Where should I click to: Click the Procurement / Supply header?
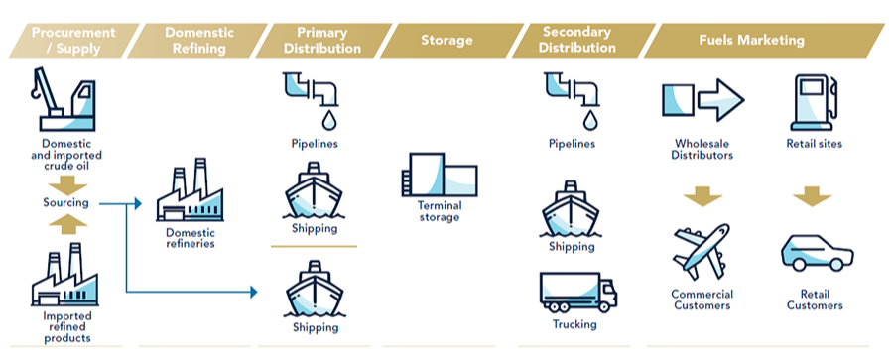[x=74, y=41]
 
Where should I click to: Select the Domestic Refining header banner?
[x=197, y=41]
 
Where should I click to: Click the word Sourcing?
[x=66, y=202]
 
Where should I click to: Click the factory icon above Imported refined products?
[x=64, y=275]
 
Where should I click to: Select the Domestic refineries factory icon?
[x=191, y=190]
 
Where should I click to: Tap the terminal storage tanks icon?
[x=440, y=175]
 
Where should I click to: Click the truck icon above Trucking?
[x=578, y=293]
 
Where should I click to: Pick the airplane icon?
[x=702, y=251]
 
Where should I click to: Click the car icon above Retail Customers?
[x=817, y=252]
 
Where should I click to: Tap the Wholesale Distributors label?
[x=702, y=149]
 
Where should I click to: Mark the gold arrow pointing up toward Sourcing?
[x=67, y=225]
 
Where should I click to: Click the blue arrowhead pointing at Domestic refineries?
[x=138, y=203]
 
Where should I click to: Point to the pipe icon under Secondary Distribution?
[x=572, y=99]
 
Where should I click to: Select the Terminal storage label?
[x=440, y=211]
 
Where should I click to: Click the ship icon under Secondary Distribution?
[x=571, y=208]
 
